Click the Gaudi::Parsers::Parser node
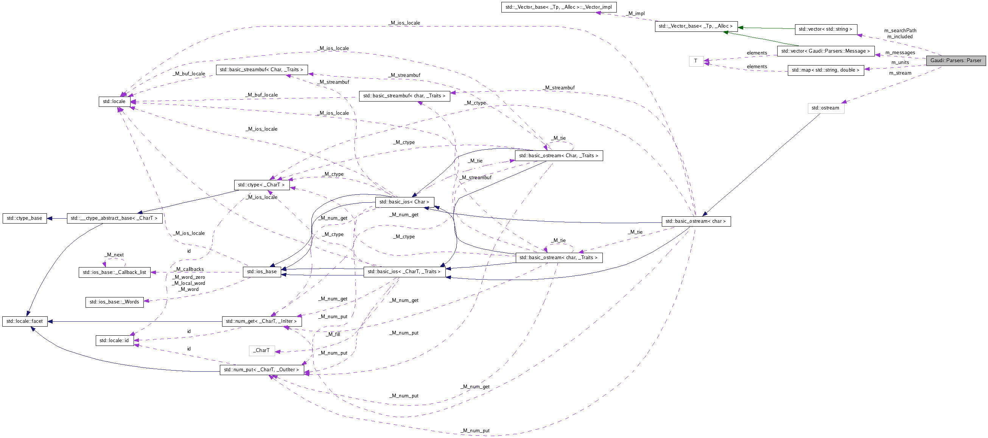pos(955,61)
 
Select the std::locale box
pos(114,102)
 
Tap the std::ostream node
pos(825,108)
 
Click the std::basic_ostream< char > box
pos(696,222)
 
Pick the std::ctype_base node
pos(25,218)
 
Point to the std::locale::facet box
pos(25,321)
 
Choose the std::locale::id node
pos(114,341)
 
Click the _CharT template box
pos(261,350)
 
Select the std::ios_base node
pos(262,272)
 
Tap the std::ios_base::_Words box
pos(114,302)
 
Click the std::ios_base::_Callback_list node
pos(114,272)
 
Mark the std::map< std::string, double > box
pos(825,70)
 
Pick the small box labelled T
pos(696,61)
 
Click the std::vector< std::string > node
pos(825,29)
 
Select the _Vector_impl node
pos(559,7)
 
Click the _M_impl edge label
pos(636,14)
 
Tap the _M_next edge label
pos(114,255)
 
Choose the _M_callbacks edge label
pos(189,269)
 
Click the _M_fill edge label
pos(333,334)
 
